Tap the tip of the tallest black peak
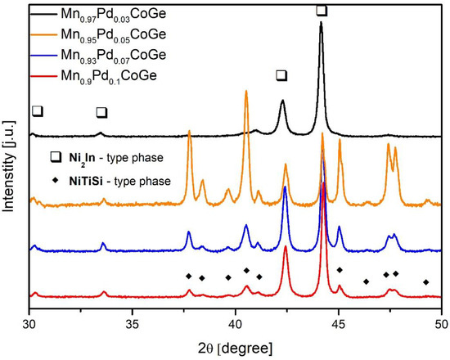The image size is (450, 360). (321, 23)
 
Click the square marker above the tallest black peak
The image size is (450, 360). (321, 10)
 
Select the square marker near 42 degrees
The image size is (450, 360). (281, 75)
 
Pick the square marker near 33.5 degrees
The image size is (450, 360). (101, 112)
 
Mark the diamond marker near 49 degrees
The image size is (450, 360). (425, 282)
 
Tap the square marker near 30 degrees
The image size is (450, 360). (37, 110)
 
